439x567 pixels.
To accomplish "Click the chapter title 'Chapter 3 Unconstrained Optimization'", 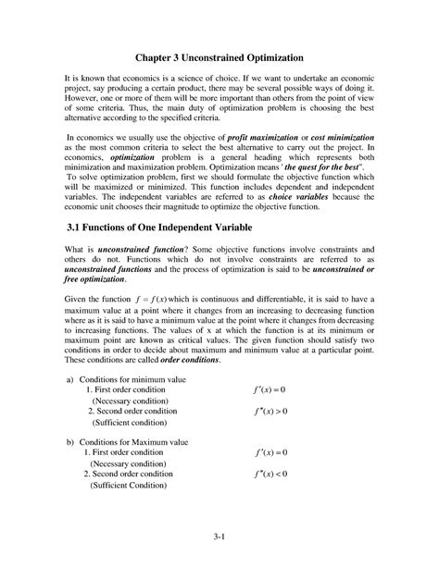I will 219,57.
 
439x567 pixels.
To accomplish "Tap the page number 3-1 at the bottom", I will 219,537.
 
